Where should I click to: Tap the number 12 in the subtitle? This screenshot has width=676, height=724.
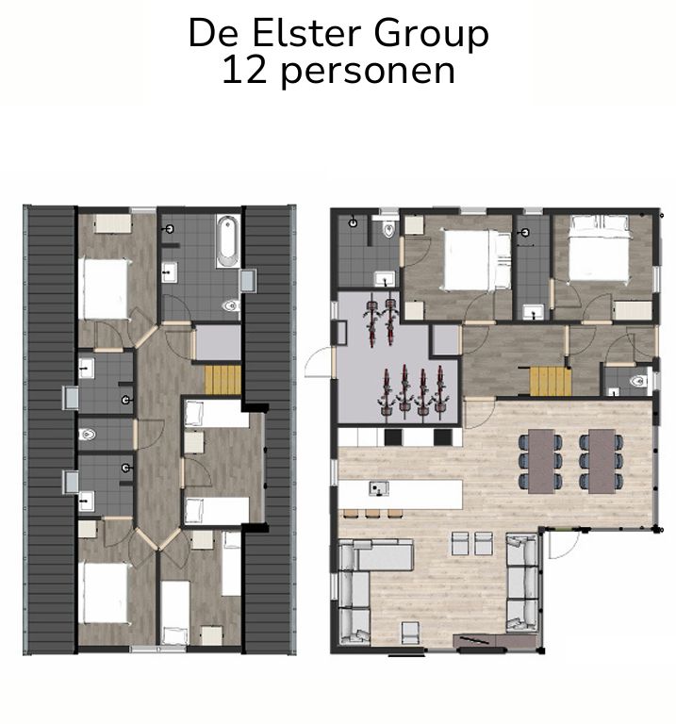(x=239, y=72)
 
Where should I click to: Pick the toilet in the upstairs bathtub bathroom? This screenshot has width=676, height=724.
(x=229, y=306)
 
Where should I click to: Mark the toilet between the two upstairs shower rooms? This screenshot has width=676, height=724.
(x=91, y=434)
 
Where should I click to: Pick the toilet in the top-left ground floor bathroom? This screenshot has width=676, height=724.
(x=387, y=230)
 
